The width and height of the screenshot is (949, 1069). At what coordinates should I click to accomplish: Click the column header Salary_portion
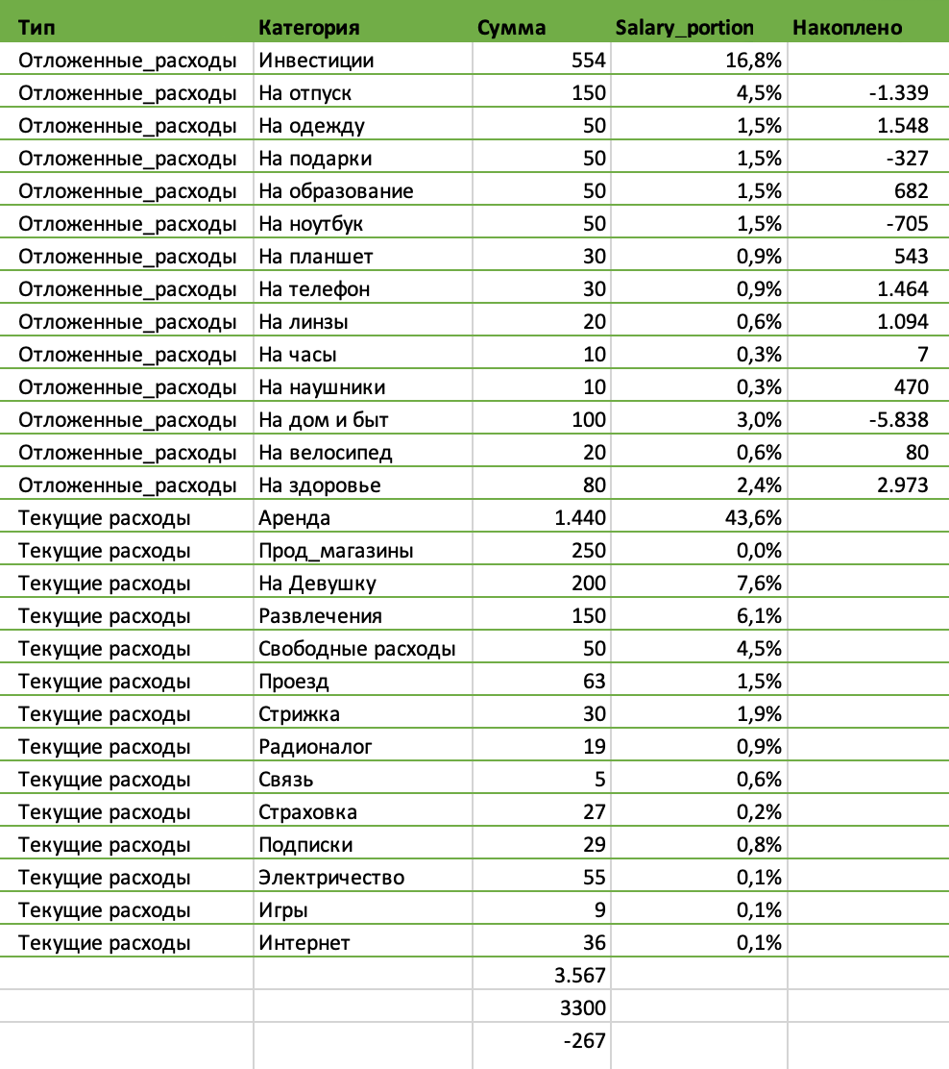pos(684,28)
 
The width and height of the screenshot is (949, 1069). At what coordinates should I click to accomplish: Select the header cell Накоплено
pos(847,28)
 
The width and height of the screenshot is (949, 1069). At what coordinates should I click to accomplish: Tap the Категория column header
pos(309,28)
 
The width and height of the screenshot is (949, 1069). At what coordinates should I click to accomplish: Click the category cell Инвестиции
pos(316,61)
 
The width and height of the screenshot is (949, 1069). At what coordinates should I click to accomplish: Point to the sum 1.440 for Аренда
pos(579,518)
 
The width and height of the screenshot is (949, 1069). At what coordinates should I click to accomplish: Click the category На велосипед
pos(325,453)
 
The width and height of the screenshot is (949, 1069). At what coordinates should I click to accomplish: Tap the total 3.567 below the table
pos(579,976)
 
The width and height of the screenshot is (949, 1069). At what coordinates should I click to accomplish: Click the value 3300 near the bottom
pos(582,1008)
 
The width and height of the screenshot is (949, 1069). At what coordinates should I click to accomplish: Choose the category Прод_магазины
pos(336,551)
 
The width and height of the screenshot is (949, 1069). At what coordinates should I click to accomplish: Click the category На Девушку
pos(317,584)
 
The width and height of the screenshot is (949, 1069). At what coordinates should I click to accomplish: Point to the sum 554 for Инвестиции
pos(587,61)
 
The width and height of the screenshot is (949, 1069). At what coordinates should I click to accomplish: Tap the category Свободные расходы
pos(356,649)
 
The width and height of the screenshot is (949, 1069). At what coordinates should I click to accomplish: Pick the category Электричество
pos(331,878)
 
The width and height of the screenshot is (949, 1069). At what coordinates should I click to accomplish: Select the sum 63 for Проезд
pos(594,682)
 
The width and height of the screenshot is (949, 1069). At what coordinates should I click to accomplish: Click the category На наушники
pos(322,387)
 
